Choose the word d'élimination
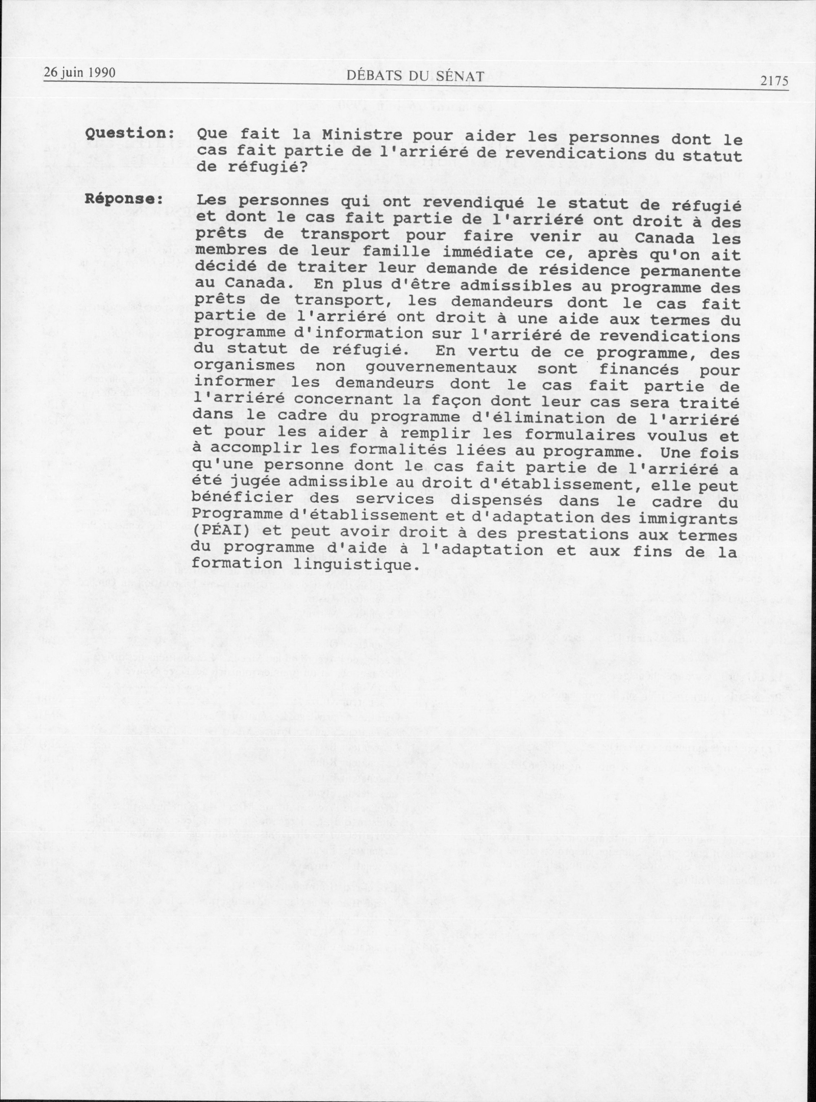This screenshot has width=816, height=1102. pyautogui.click(x=507, y=419)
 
